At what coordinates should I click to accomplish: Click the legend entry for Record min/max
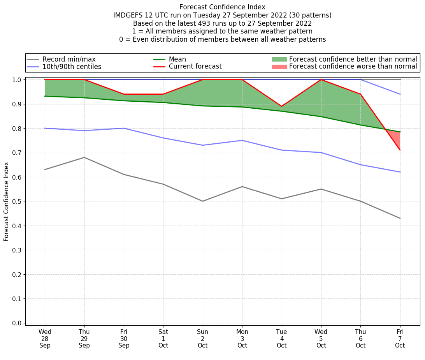click(x=68, y=59)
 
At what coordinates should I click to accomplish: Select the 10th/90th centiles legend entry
click(x=72, y=67)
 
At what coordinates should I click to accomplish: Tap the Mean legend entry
click(x=177, y=59)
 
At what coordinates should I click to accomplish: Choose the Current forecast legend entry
click(x=195, y=67)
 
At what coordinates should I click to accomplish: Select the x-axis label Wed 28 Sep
click(x=45, y=339)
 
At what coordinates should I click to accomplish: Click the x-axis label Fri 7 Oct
click(x=400, y=339)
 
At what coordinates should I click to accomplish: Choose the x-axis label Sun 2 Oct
click(x=202, y=339)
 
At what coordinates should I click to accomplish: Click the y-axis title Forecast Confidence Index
click(x=7, y=201)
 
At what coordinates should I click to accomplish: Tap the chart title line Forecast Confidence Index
click(x=222, y=7)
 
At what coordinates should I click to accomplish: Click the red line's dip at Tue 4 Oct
click(x=281, y=106)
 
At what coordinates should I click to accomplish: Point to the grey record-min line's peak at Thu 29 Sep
click(x=84, y=157)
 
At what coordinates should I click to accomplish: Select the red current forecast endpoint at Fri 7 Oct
click(x=400, y=150)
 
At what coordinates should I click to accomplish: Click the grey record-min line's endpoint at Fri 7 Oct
click(x=400, y=218)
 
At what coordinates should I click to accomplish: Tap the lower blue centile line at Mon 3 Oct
click(x=242, y=140)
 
